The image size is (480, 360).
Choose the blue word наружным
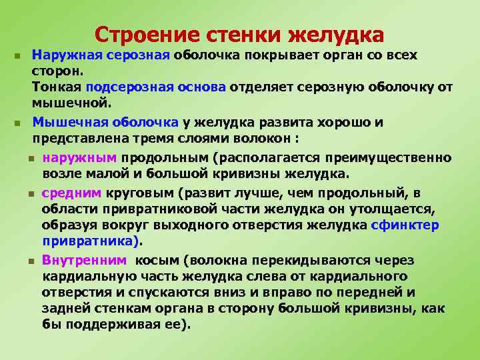point(79,157)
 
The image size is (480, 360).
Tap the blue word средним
point(71,193)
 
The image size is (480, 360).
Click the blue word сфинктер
point(406,226)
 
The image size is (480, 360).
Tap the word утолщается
point(395,209)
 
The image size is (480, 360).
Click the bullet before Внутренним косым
point(31,260)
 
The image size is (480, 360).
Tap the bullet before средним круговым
point(31,193)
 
